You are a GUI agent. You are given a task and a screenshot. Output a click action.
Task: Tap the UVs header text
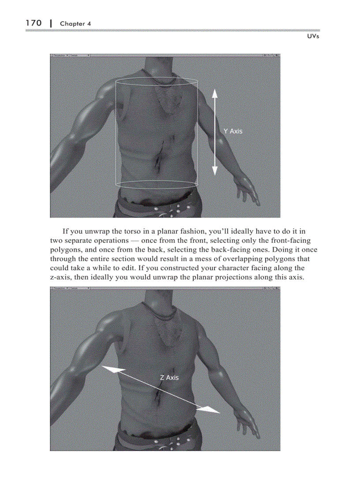tap(312, 36)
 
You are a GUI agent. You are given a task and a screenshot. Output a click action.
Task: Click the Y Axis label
tap(232, 131)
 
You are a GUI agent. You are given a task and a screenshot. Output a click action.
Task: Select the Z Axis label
tap(169, 378)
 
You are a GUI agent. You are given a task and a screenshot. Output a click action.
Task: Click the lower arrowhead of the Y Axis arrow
tap(214, 171)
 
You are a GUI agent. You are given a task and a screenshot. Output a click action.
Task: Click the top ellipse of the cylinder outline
tap(157, 82)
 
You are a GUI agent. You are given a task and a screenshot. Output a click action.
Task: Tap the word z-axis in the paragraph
tap(62, 277)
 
